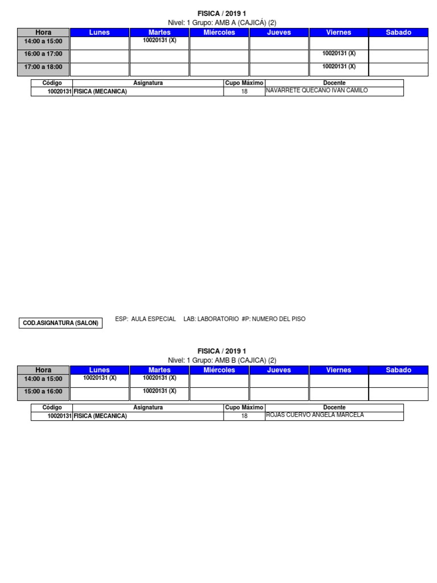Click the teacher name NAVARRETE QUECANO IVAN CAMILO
317,90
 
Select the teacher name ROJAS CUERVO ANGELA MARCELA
315,414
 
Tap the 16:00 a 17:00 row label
43,54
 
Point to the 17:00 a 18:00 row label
43,67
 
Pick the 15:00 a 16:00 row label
43,392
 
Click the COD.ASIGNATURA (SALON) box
61,323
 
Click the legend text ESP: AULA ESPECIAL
145,319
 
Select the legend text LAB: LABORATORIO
211,319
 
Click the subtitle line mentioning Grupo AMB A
222,23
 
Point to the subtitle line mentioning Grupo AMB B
222,360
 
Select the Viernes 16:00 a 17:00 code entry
339,53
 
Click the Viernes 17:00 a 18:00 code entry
339,66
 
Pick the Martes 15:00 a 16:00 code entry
159,391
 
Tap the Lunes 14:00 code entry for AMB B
100,377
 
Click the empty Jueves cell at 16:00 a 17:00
279,56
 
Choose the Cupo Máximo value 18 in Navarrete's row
244,92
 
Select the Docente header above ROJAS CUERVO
334,408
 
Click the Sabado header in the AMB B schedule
398,370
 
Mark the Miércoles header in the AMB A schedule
219,32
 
